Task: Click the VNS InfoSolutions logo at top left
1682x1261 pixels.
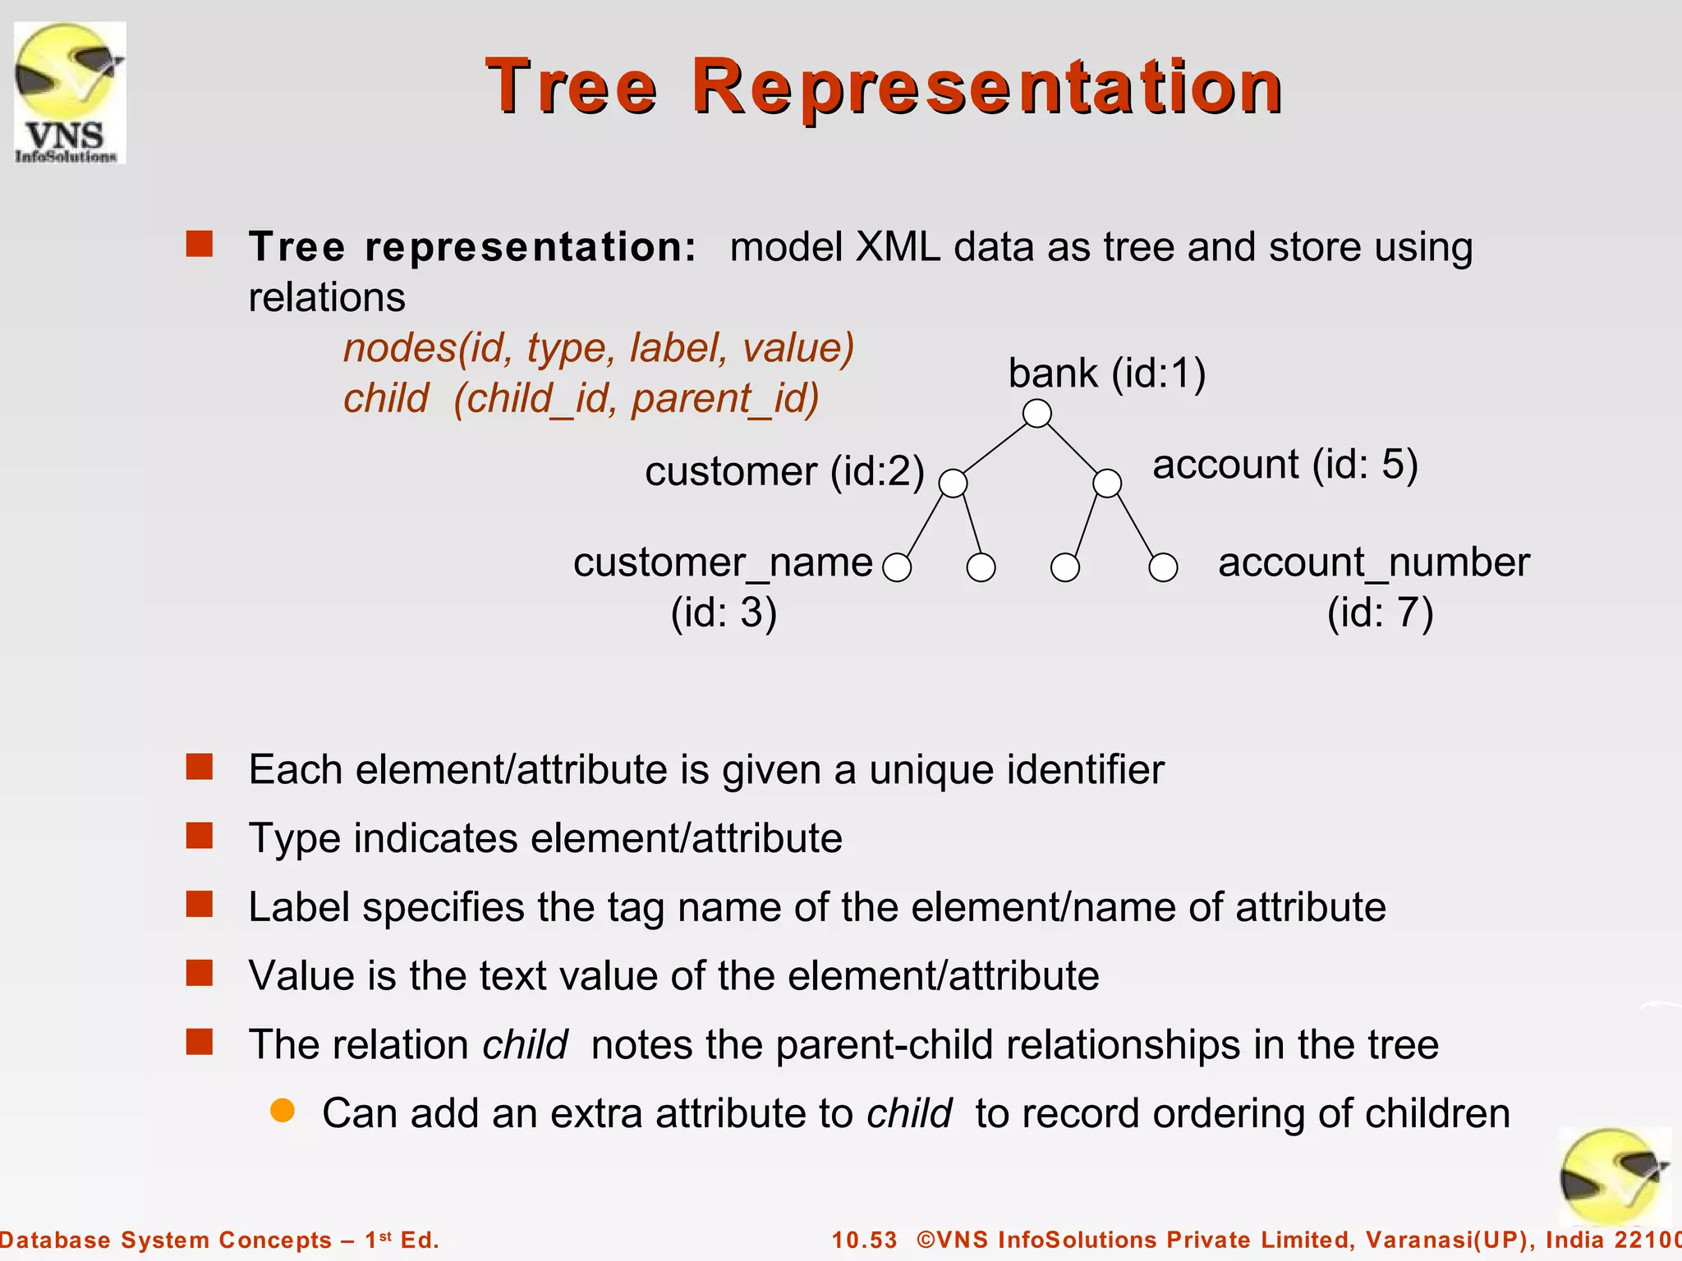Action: (x=70, y=93)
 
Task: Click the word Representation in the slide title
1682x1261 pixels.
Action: (x=986, y=86)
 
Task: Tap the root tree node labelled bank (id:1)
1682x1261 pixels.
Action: (x=1037, y=413)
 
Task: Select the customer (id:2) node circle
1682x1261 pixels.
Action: (x=953, y=483)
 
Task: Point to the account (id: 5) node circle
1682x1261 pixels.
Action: (x=1107, y=483)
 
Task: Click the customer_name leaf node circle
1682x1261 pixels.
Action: (x=897, y=567)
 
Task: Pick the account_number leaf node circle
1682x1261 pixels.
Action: (x=1163, y=567)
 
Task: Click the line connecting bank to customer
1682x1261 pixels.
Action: (x=995, y=448)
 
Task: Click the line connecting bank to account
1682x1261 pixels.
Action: (x=1073, y=448)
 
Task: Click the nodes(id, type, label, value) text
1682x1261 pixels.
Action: (x=599, y=348)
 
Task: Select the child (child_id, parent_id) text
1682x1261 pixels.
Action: (x=581, y=399)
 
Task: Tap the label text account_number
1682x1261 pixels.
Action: (x=1373, y=563)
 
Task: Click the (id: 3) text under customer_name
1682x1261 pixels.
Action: (x=724, y=613)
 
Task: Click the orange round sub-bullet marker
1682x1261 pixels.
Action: (x=283, y=1111)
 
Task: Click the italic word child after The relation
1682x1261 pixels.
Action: (x=525, y=1045)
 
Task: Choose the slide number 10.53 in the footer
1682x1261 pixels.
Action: (x=865, y=1240)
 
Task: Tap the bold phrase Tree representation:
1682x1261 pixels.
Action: (x=473, y=247)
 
